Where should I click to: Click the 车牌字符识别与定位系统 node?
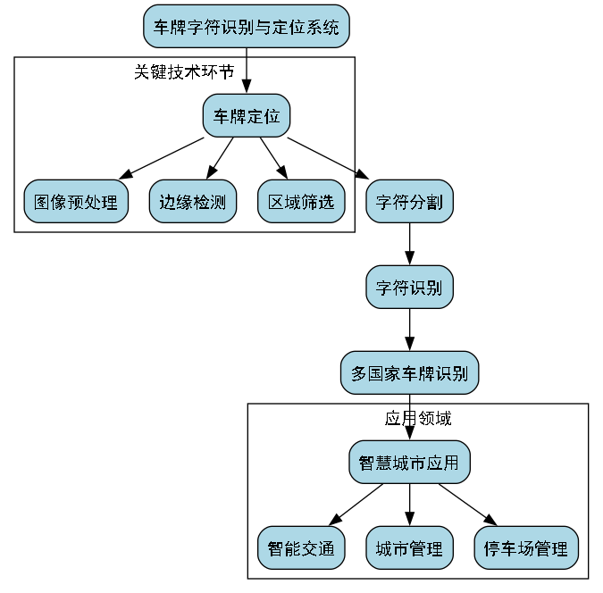(x=246, y=27)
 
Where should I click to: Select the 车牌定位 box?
(x=246, y=115)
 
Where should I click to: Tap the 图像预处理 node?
(x=76, y=202)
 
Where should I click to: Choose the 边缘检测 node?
(x=192, y=202)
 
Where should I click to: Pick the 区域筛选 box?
(x=301, y=202)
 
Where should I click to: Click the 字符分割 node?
(x=410, y=202)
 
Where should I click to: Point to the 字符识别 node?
(x=410, y=288)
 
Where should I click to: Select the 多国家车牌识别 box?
(x=410, y=372)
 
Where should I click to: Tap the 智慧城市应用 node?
(x=409, y=462)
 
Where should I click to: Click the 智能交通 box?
(x=301, y=547)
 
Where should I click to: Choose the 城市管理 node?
(x=409, y=547)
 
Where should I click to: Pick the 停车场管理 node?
(x=525, y=547)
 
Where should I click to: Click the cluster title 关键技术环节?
(x=183, y=71)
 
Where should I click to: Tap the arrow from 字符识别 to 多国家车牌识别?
(x=410, y=330)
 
